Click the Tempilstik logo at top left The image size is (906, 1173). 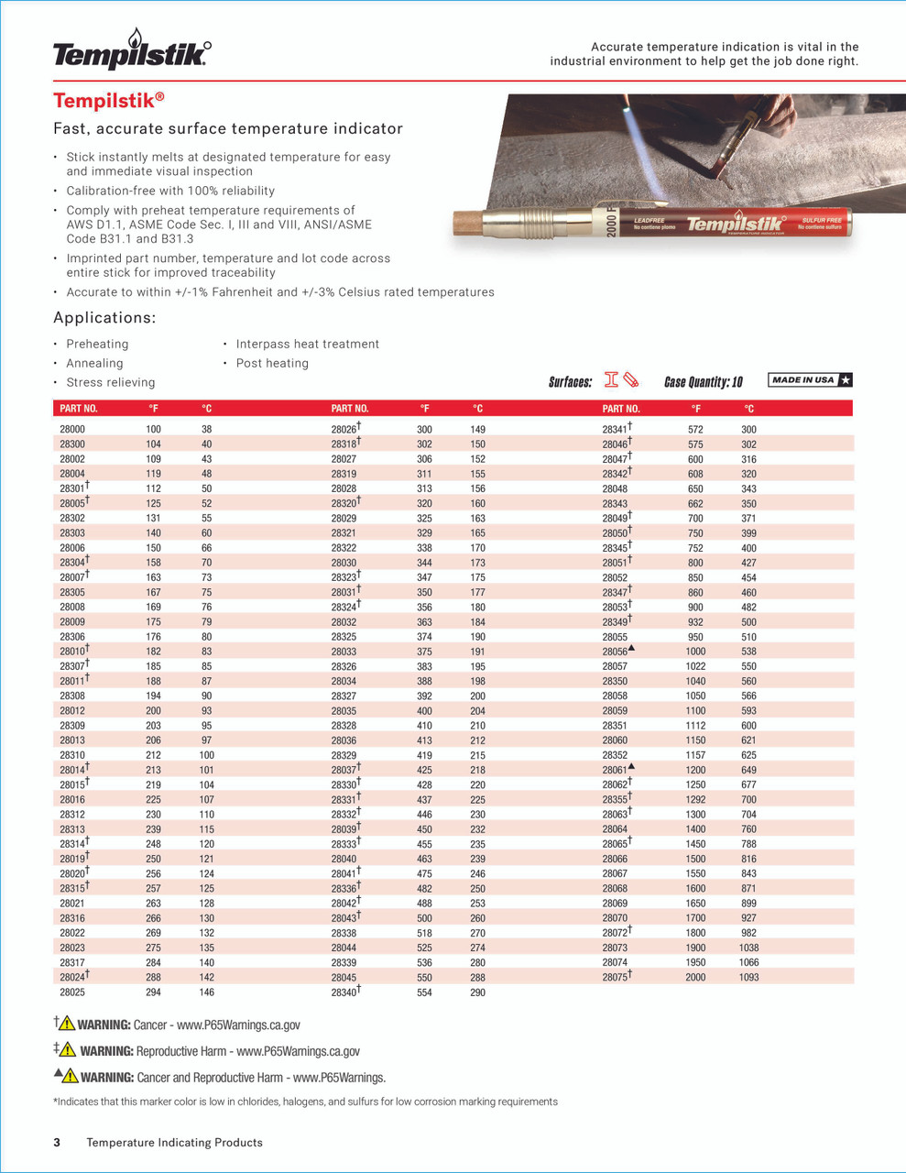point(131,52)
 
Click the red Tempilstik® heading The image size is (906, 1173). point(109,101)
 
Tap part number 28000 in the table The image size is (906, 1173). point(72,429)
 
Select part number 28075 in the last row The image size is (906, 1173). point(616,978)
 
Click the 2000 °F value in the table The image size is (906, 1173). point(695,978)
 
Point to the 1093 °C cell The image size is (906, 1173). point(748,978)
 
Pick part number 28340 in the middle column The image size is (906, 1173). point(344,992)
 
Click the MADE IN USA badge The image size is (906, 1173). point(810,379)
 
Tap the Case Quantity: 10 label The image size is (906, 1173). point(703,382)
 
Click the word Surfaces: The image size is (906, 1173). point(570,382)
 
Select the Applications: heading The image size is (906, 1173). point(104,318)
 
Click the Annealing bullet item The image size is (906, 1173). point(94,363)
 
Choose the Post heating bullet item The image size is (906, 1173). point(272,363)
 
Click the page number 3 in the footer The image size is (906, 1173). point(57,1142)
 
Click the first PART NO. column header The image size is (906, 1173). point(79,409)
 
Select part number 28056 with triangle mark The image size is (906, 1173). point(616,652)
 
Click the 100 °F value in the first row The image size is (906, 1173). point(153,429)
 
